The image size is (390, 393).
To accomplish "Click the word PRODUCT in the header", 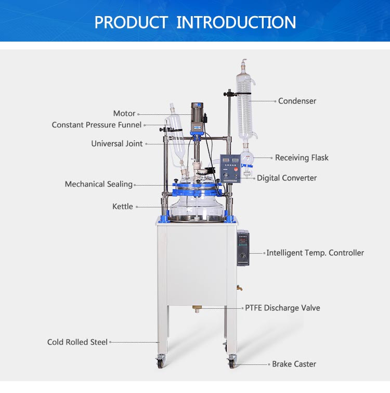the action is click(x=131, y=22).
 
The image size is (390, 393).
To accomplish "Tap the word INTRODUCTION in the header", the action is click(x=236, y=22).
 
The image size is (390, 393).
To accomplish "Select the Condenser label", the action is click(x=297, y=101).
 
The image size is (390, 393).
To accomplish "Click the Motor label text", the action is click(x=124, y=113).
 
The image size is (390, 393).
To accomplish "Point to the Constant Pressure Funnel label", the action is click(x=97, y=125).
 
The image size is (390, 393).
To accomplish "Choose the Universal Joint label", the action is click(x=117, y=143).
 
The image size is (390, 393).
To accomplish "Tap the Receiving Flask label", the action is click(x=302, y=158).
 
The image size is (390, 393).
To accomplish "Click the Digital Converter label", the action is click(x=287, y=178).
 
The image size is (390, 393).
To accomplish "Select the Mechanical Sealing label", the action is click(x=98, y=184).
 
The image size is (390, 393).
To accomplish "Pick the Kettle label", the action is click(x=123, y=206).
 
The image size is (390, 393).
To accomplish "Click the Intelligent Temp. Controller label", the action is click(x=315, y=253).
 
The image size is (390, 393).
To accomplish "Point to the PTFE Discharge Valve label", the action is click(x=282, y=308).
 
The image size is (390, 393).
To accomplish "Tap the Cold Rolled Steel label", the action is click(x=77, y=342).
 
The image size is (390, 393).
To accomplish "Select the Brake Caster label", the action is click(x=294, y=364).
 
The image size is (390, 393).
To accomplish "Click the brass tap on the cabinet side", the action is click(x=240, y=288).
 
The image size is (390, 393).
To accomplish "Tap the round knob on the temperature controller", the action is click(x=242, y=256).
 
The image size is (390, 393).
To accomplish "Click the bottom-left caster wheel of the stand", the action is click(x=160, y=362).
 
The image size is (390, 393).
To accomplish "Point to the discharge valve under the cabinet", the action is click(x=197, y=309).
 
